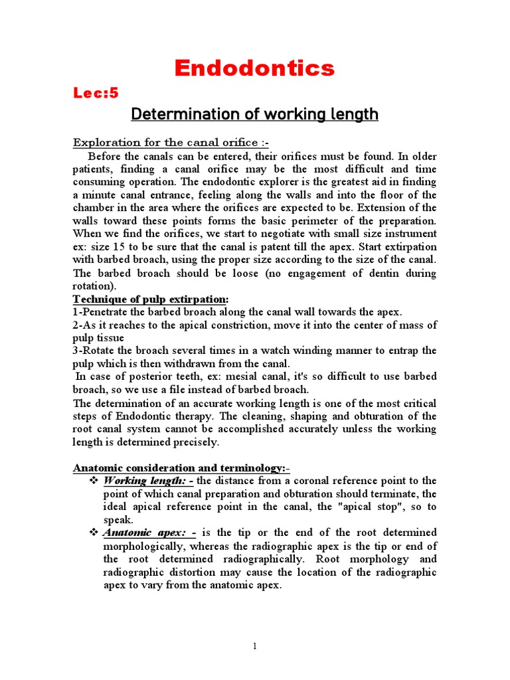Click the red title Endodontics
tap(254, 68)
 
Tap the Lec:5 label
tap(96, 93)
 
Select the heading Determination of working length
tap(254, 114)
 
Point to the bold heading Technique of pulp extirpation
tap(152, 299)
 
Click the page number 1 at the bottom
tap(254, 647)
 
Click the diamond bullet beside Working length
tap(94, 481)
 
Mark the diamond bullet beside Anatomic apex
tap(94, 533)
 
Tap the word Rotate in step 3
tap(96, 351)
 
